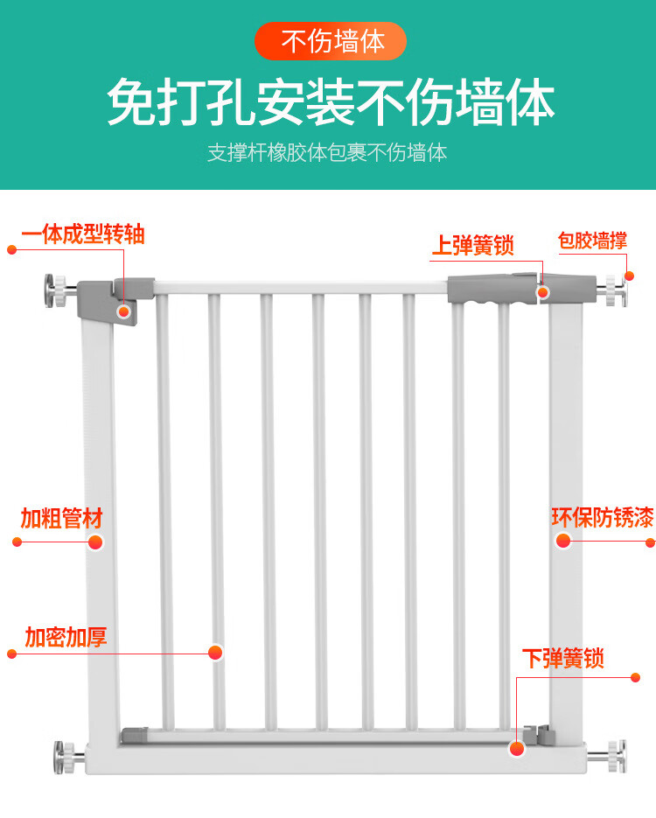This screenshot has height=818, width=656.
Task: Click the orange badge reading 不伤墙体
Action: (x=330, y=41)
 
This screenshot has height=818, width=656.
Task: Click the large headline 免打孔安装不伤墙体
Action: (x=331, y=102)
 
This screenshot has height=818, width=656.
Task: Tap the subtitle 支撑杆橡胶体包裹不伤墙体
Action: (x=327, y=153)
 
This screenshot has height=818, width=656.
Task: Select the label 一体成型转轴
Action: (x=83, y=234)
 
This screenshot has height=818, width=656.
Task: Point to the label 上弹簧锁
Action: (x=473, y=245)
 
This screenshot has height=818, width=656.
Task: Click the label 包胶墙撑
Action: (x=592, y=241)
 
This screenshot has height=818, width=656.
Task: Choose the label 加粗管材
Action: (x=61, y=518)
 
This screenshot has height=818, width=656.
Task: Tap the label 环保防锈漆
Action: (x=603, y=517)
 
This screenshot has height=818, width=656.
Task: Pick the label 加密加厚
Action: (x=66, y=637)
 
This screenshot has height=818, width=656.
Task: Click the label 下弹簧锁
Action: (x=563, y=659)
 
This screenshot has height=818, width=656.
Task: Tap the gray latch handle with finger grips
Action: (x=492, y=289)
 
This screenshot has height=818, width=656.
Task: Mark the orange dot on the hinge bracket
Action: (x=123, y=312)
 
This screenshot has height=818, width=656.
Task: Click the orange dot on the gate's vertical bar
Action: (x=215, y=652)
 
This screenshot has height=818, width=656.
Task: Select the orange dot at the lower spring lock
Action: (x=517, y=749)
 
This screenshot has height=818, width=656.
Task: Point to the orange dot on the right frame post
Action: (x=563, y=541)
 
